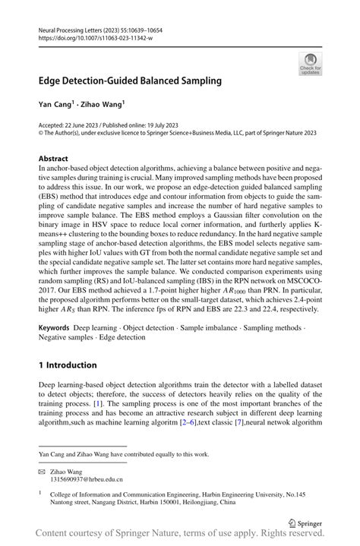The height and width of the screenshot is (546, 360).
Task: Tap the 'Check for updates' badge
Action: tap(311, 63)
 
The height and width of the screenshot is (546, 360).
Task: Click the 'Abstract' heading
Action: tap(53, 159)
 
